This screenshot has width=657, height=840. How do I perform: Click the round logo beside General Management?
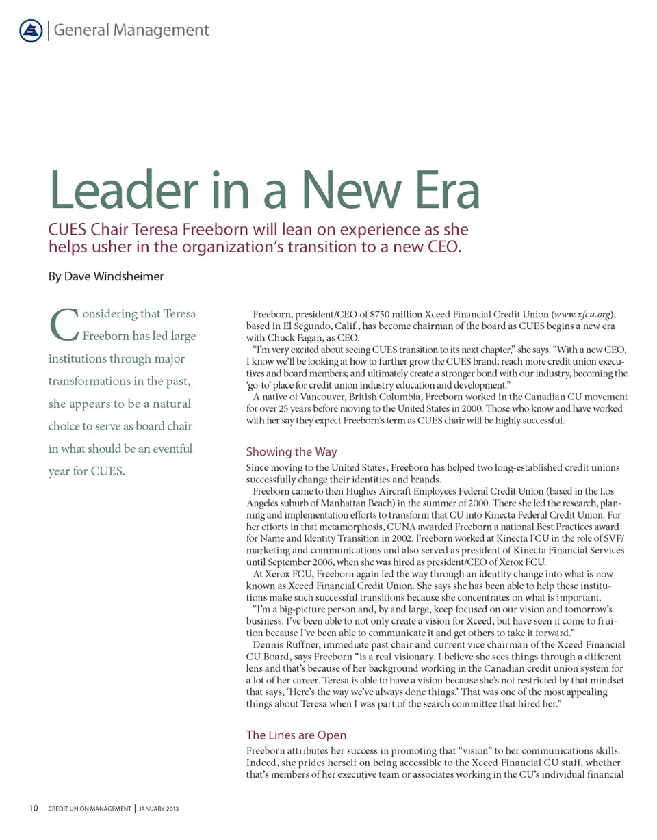[31, 30]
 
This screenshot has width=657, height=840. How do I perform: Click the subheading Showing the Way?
[291, 451]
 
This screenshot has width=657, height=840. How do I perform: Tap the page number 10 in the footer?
[34, 809]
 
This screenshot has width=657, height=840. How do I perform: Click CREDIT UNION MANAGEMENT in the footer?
[90, 809]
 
